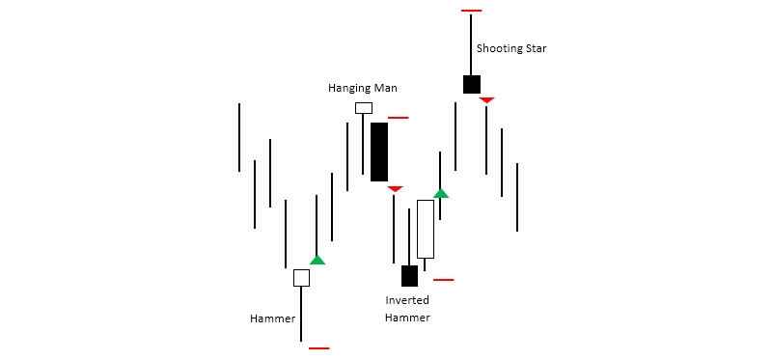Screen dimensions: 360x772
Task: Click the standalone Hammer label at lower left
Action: tap(272, 318)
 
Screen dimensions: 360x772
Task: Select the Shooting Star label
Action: tap(511, 48)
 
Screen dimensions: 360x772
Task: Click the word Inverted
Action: tap(406, 300)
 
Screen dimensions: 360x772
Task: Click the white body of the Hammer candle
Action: tap(301, 278)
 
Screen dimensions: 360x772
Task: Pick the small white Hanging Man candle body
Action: tap(363, 108)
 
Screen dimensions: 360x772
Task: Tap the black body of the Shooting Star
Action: tap(471, 84)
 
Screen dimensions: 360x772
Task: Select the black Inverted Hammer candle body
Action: tap(409, 276)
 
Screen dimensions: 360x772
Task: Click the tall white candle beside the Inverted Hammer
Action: tap(425, 229)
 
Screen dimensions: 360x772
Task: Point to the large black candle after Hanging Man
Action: tap(379, 152)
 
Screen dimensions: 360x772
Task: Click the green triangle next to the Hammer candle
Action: tap(317, 260)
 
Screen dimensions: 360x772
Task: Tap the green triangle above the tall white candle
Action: tap(440, 193)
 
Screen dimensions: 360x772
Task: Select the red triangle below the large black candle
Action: tap(395, 189)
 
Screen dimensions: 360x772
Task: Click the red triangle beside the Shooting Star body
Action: tap(486, 100)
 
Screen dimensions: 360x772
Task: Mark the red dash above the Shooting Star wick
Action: tap(471, 11)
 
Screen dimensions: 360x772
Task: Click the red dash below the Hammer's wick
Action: tap(318, 347)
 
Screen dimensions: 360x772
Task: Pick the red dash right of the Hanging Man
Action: tap(398, 118)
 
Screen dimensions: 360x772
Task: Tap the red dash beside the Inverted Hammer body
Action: tap(443, 280)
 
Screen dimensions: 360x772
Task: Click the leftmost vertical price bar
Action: tap(239, 136)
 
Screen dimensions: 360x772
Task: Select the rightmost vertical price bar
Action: tap(517, 198)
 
